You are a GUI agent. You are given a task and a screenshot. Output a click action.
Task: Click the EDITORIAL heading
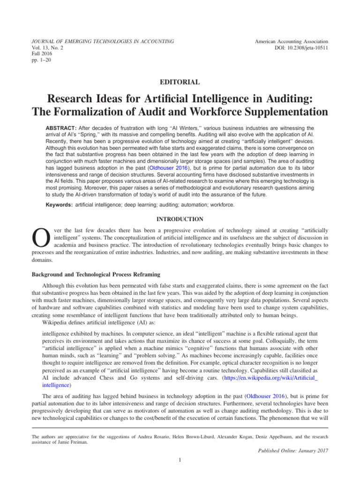pyautogui.click(x=180, y=82)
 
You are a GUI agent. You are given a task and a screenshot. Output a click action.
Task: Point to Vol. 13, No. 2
pyautogui.click(x=47, y=48)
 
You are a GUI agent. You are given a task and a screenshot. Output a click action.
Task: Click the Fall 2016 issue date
pyautogui.click(x=42, y=54)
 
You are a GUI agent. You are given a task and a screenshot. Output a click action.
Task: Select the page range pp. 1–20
pyautogui.click(x=42, y=61)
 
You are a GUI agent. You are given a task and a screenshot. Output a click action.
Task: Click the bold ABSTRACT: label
pyautogui.click(x=63, y=127)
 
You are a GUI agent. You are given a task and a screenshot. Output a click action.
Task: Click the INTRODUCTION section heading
pyautogui.click(x=180, y=219)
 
